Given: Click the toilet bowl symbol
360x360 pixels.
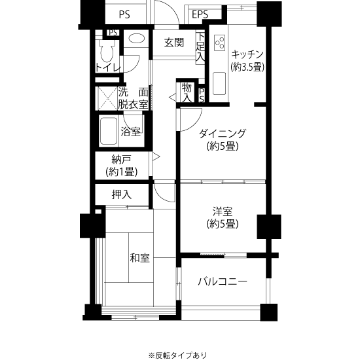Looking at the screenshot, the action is coord(107,50).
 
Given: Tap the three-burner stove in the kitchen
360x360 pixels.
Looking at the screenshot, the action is coord(219,43).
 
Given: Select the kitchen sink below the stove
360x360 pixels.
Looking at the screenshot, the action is coord(219,83).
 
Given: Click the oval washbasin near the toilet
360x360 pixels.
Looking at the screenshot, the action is coord(137,39).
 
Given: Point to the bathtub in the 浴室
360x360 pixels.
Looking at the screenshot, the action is coord(109,131).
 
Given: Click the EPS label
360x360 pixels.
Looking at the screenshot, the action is coord(200,14).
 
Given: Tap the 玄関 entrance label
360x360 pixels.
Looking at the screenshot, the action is coord(174,43).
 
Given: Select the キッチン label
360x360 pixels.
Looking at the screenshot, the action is coord(247,54).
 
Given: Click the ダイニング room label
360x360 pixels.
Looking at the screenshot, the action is coord(223,134).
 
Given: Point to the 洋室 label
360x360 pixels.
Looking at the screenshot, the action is coord(223,211).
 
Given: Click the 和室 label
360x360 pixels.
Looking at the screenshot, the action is coord(140,258).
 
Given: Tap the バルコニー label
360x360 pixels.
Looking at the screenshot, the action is coord(223,281).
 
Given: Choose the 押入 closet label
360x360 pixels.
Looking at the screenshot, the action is coord(122,194).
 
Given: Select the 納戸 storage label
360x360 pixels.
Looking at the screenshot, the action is coord(122,159).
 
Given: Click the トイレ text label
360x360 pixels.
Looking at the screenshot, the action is coord(108,67).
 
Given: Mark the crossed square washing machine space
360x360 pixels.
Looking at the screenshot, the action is coord(108,98).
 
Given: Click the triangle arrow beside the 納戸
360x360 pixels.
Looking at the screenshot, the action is coord(156,157).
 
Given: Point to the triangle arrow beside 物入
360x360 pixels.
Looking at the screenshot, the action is coord(172,98).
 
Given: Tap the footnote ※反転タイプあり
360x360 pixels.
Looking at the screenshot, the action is coord(177,355).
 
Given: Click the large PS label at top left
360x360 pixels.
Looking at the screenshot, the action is coord(124,14).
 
